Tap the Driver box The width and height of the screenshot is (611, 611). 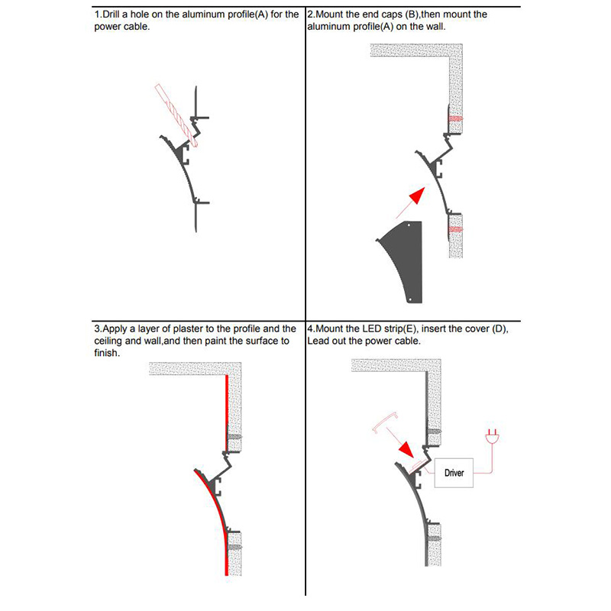(454, 474)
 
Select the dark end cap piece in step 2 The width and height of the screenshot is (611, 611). (405, 260)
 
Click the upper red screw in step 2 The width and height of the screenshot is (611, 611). (456, 119)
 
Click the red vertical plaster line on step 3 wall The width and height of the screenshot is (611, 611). (227, 412)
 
